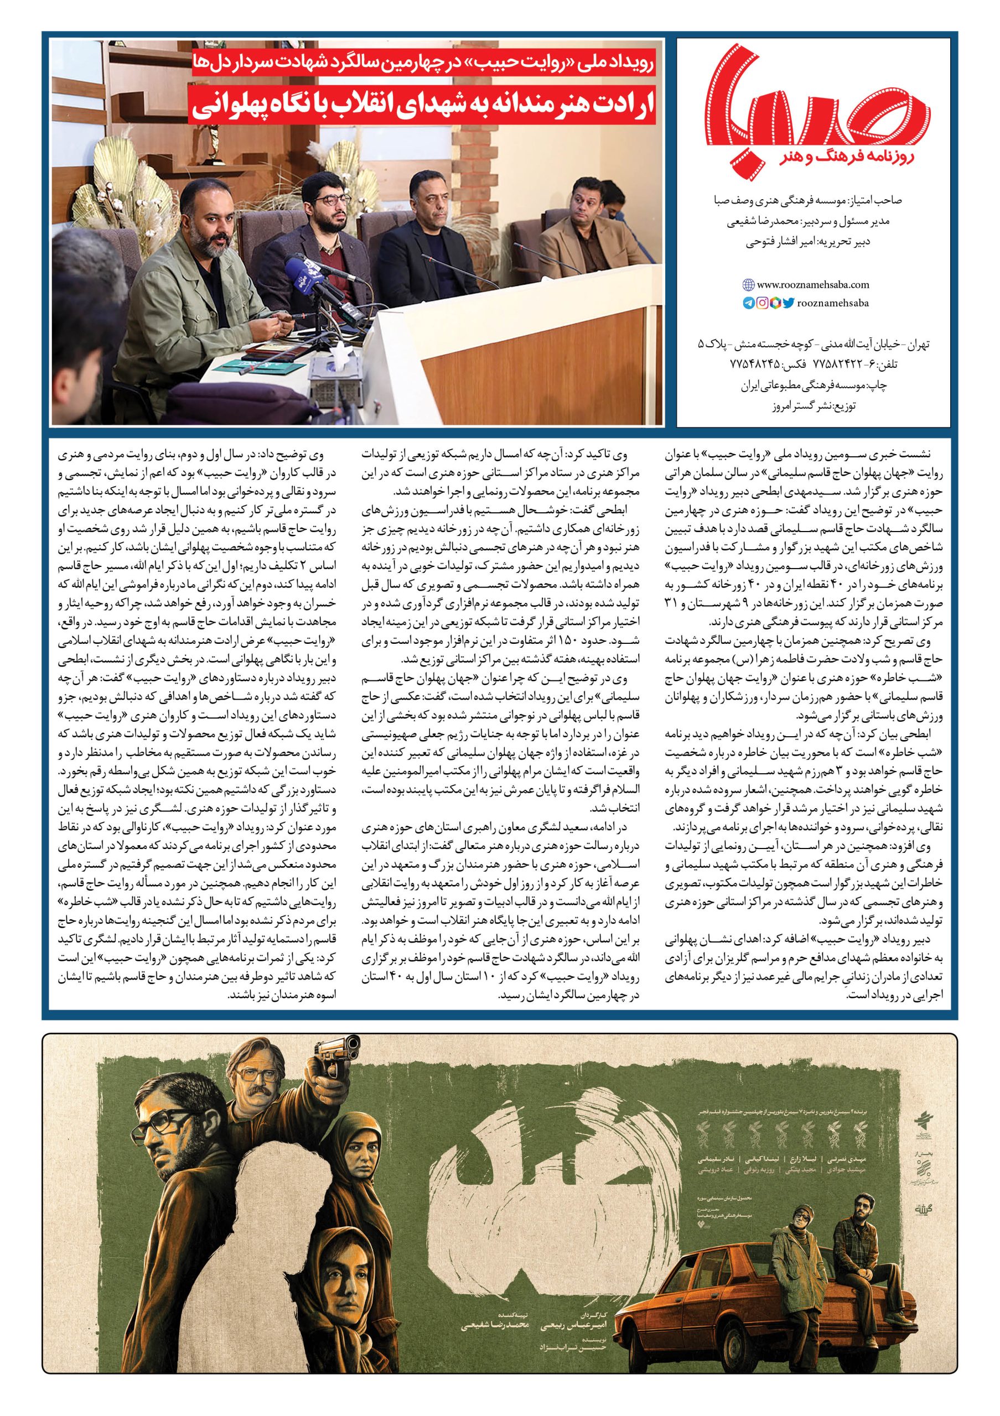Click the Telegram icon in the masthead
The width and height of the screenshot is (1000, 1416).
[x=748, y=303]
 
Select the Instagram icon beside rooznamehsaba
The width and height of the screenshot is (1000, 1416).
[x=763, y=303]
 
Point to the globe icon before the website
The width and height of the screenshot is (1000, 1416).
[x=748, y=285]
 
